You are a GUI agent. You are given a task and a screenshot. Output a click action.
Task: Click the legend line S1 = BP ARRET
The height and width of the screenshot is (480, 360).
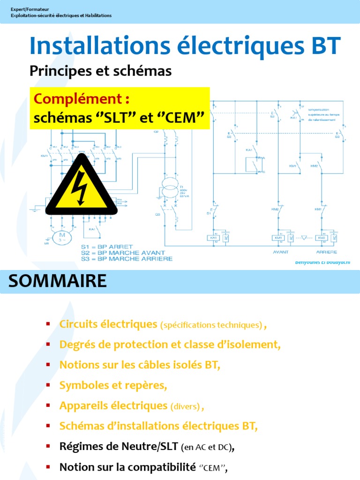(x=107, y=247)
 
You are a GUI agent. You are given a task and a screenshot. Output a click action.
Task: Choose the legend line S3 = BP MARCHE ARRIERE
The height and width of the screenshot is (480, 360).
(x=127, y=258)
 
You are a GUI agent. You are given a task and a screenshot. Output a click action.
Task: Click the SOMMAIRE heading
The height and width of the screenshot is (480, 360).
(x=58, y=281)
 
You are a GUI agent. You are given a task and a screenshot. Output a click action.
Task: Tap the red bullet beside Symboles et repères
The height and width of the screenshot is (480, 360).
(x=48, y=385)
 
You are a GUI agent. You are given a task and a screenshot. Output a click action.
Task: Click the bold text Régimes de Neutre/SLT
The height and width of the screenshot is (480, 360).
(x=119, y=447)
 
